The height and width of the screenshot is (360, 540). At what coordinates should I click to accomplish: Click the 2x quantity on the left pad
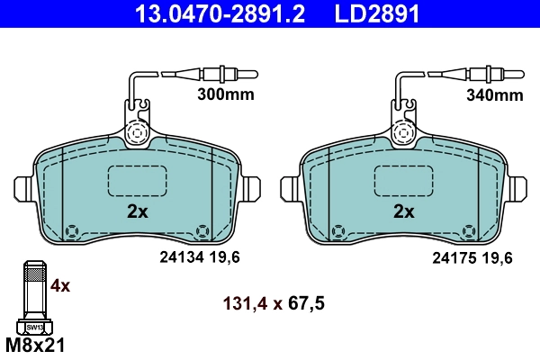point(137,212)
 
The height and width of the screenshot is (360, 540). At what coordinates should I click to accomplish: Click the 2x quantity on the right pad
point(403,212)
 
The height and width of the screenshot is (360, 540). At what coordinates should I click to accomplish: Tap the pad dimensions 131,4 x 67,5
point(273,303)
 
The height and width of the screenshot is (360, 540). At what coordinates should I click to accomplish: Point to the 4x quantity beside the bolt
point(60,286)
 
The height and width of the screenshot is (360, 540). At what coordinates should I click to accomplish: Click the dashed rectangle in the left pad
point(139,183)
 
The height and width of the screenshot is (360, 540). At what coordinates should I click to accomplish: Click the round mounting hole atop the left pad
point(138,132)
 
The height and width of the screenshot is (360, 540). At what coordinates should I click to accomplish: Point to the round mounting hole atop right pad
point(405,132)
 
